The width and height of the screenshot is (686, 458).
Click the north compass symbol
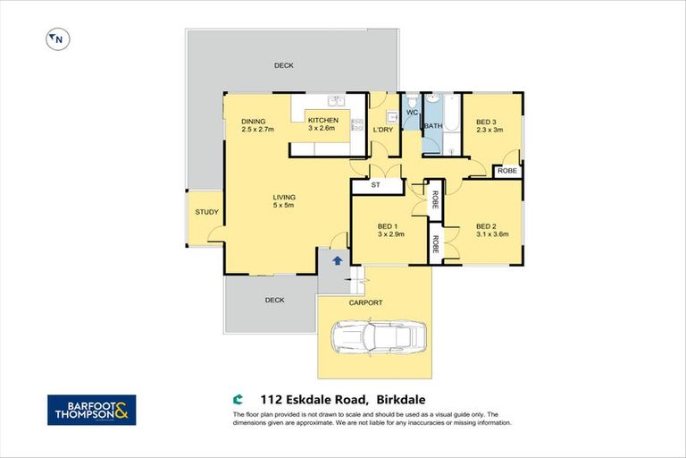(57, 38)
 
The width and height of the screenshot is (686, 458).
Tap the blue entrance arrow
(337, 260)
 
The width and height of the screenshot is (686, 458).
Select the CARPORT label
(366, 303)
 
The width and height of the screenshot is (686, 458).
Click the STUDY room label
(207, 212)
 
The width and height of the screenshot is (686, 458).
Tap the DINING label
(254, 122)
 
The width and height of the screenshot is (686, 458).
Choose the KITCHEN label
(322, 121)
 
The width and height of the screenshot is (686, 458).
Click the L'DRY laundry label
(382, 131)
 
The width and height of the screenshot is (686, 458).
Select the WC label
(412, 113)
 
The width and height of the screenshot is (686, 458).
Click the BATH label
(433, 126)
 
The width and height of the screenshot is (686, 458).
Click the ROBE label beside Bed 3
(506, 170)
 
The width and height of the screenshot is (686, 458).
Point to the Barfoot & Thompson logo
(91, 411)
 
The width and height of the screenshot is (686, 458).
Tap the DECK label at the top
(284, 65)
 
